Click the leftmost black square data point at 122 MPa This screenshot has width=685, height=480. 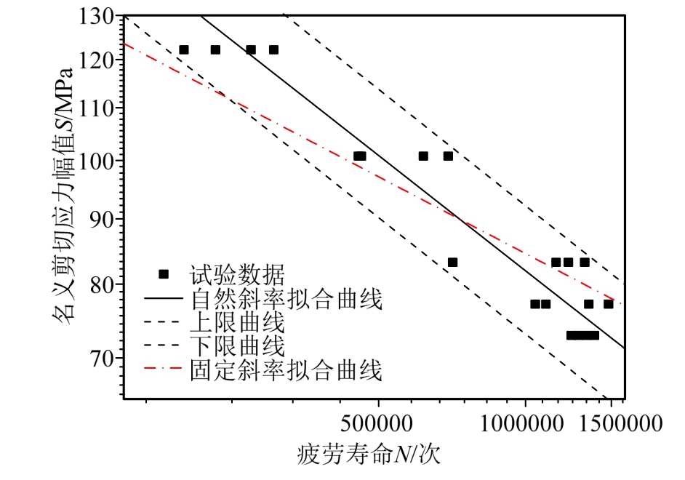point(184,49)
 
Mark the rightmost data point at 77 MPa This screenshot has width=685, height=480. point(609,304)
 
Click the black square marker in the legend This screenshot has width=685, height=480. point(164,274)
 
